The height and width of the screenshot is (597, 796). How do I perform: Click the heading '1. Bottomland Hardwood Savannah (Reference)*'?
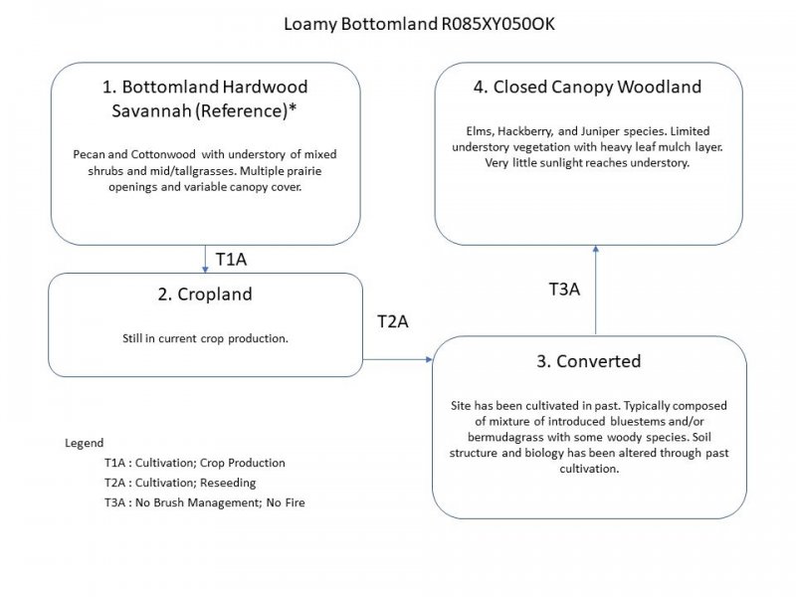tap(205, 99)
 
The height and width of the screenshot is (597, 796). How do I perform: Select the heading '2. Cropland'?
tap(205, 295)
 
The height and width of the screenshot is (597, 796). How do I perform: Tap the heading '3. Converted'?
tap(588, 361)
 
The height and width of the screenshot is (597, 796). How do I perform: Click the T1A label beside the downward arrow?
tap(231, 260)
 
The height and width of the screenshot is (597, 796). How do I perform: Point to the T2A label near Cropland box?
tap(393, 321)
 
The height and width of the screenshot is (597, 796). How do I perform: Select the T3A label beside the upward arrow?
tap(565, 290)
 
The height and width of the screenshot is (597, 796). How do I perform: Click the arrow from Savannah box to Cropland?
tap(205, 259)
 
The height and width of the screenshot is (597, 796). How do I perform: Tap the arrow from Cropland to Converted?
tap(398, 358)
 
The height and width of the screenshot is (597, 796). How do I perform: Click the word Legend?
tap(84, 443)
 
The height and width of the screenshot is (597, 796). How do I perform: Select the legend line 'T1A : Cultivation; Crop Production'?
tap(194, 463)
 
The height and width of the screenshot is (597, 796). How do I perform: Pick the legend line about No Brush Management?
tap(204, 502)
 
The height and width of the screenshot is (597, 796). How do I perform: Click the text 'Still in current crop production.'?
tap(205, 338)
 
